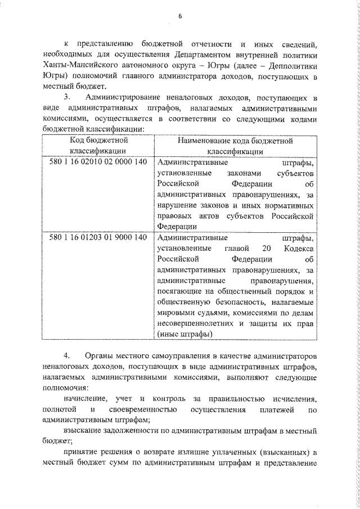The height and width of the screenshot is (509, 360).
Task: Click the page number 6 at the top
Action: point(181,16)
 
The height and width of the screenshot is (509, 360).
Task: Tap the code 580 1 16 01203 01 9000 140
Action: point(99,238)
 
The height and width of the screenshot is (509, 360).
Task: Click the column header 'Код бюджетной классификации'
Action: point(99,146)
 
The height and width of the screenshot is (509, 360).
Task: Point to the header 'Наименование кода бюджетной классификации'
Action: point(235,146)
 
